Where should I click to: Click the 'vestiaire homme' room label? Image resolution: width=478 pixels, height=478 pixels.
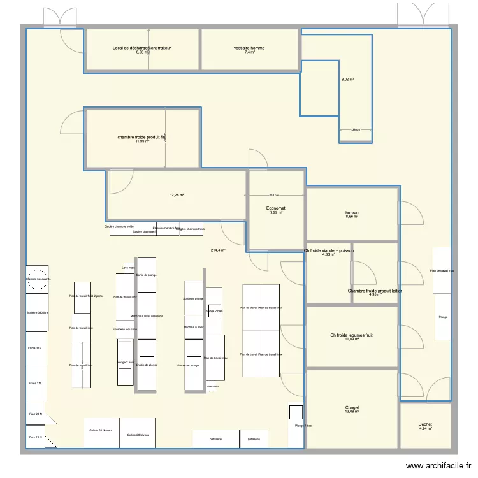tap(249, 48)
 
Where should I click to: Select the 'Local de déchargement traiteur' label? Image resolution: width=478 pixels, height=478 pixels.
tap(141, 48)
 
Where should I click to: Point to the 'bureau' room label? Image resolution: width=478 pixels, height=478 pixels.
tap(352, 212)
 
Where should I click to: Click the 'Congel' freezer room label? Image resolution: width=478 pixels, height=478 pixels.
tap(352, 407)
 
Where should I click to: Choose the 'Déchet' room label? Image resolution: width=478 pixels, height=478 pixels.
tap(425, 424)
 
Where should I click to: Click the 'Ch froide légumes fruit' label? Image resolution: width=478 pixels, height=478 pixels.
tap(351, 335)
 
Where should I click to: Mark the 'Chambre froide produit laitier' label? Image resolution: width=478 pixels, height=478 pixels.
tap(375, 291)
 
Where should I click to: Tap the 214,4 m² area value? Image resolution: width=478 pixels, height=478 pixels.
tap(218, 250)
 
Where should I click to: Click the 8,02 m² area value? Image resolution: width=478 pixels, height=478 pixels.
tap(347, 80)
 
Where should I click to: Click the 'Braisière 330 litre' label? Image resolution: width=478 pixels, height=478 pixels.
tap(37, 313)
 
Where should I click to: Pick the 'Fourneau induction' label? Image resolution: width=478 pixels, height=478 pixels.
tap(124, 329)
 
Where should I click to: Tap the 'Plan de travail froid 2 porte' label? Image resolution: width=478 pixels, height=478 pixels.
tap(86, 297)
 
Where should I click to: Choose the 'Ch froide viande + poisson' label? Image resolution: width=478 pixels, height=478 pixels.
tap(329, 251)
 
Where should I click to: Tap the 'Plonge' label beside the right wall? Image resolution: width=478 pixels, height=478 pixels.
tap(442, 317)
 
